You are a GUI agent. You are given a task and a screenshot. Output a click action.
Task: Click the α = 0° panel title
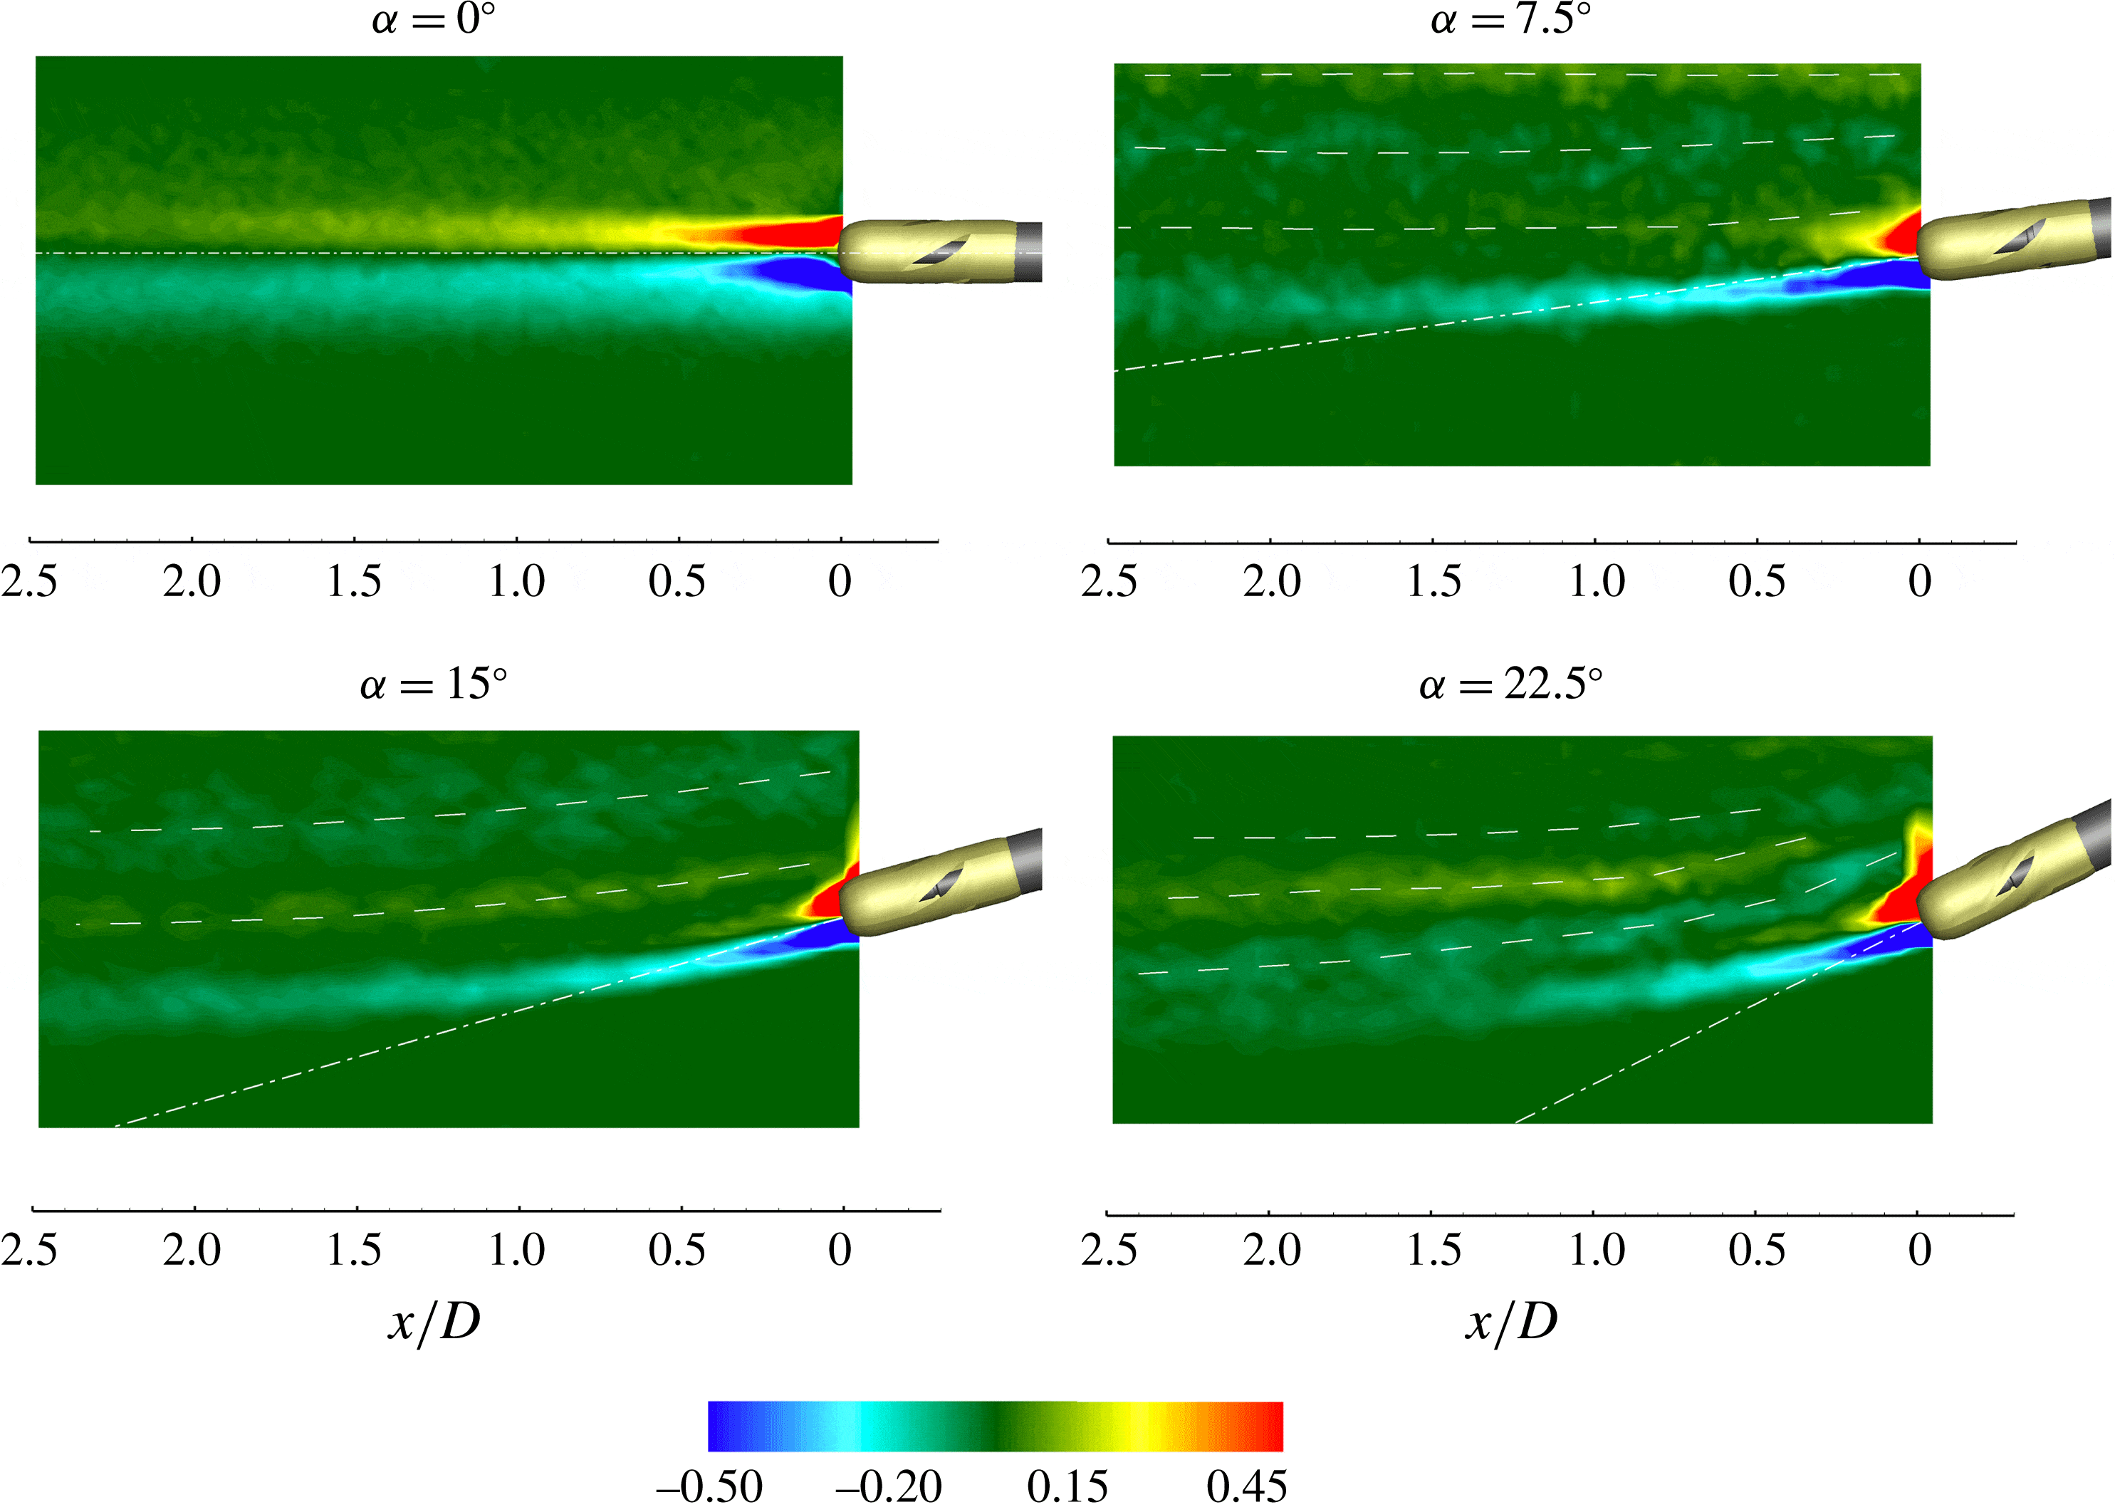pos(433,19)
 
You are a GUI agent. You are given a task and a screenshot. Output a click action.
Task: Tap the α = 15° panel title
pos(433,685)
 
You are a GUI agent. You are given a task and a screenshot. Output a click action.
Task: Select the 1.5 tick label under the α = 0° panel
pos(354,582)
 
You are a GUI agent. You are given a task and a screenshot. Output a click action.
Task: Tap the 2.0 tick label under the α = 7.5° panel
pos(1272,582)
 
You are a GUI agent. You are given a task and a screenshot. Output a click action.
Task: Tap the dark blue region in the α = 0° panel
pos(800,273)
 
